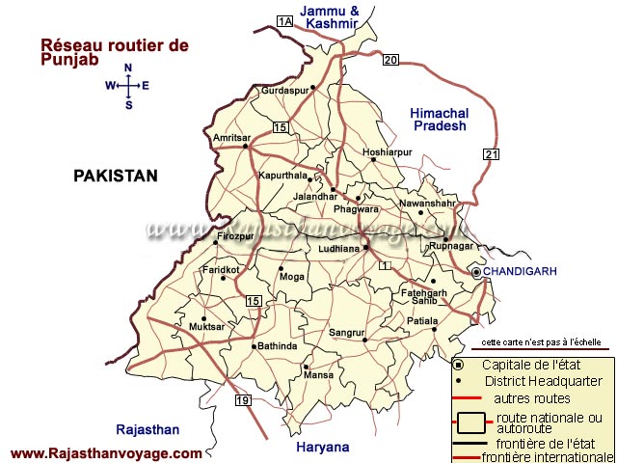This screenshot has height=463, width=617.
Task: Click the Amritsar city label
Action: coord(231,138)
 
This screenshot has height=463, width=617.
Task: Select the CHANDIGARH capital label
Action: coord(520,272)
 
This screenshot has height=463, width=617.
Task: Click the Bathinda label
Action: coord(277,345)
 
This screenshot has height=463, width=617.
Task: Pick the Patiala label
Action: coord(422,320)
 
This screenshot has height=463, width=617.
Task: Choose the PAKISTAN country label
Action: coord(115,176)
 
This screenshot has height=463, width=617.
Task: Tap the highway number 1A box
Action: coord(283,21)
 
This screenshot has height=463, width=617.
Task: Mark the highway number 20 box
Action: coord(389,61)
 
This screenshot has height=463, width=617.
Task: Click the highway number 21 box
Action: coord(493,154)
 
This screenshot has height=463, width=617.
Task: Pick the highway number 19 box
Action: coord(242,400)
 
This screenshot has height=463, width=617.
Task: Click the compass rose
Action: coord(127,86)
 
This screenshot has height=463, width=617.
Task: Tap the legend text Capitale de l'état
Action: coord(527,364)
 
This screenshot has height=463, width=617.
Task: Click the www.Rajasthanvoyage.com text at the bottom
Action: coord(106,453)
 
